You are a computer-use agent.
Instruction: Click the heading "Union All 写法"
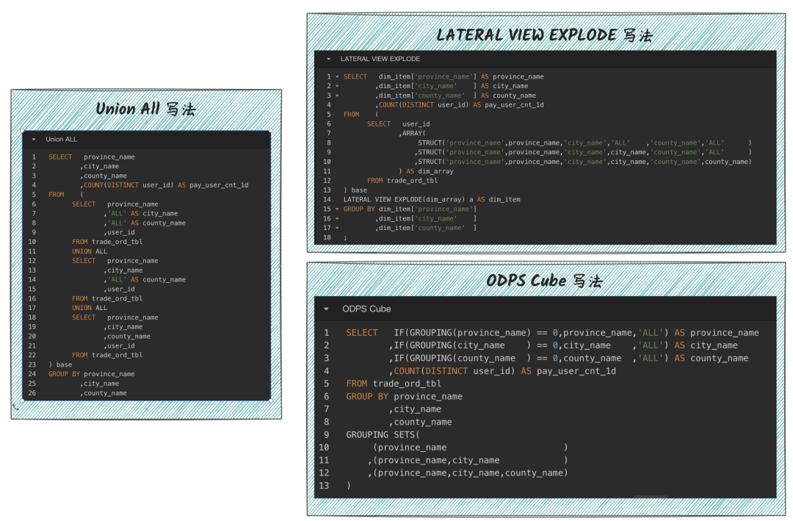(x=145, y=109)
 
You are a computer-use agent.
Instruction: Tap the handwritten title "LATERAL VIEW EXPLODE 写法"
(x=544, y=35)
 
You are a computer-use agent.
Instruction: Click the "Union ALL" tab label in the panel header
(x=61, y=139)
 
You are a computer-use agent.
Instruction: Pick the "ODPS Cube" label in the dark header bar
(x=366, y=309)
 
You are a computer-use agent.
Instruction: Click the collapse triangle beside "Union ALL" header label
(x=34, y=139)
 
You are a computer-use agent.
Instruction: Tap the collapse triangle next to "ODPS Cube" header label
(x=327, y=309)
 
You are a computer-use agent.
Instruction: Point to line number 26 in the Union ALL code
(x=32, y=393)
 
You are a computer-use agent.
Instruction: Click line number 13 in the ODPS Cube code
(x=325, y=486)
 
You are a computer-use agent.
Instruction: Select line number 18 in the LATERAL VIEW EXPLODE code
(x=327, y=237)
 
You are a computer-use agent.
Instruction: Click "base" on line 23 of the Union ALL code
(x=64, y=364)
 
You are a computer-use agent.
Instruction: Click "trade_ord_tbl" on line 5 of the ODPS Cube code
(x=407, y=384)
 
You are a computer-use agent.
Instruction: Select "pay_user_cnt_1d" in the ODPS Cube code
(x=576, y=371)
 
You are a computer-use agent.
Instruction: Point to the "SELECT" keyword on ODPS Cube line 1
(x=362, y=333)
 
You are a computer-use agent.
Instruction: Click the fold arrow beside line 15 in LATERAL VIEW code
(x=337, y=209)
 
